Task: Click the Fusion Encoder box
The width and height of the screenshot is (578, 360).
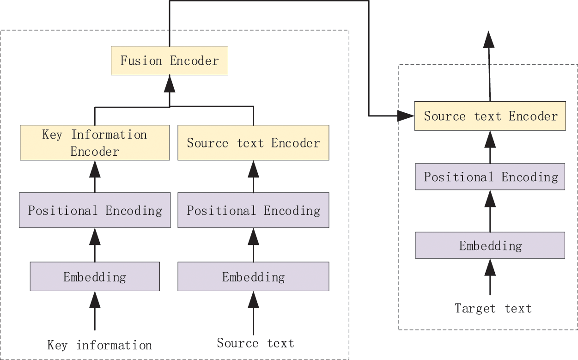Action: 169,61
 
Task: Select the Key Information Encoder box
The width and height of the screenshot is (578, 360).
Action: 95,143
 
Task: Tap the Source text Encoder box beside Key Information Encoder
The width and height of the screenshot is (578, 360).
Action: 253,143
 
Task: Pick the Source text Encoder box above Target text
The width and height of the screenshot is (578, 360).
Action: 490,116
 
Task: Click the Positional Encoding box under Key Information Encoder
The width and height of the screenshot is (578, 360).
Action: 95,211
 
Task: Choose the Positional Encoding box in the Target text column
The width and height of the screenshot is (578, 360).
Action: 490,177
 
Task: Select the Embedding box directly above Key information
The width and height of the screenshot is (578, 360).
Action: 95,277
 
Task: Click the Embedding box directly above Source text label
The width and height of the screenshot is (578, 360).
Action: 253,277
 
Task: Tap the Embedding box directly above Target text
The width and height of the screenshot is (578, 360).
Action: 490,245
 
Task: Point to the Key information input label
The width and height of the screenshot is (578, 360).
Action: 99,345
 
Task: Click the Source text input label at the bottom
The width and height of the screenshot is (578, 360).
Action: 255,343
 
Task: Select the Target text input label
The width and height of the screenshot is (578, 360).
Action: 493,308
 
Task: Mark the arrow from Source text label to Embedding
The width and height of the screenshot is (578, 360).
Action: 253,312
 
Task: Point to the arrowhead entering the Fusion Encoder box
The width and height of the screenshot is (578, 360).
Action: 170,84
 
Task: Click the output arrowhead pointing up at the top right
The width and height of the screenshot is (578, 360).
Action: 489,40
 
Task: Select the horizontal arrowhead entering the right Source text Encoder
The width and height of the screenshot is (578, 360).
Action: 406,116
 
